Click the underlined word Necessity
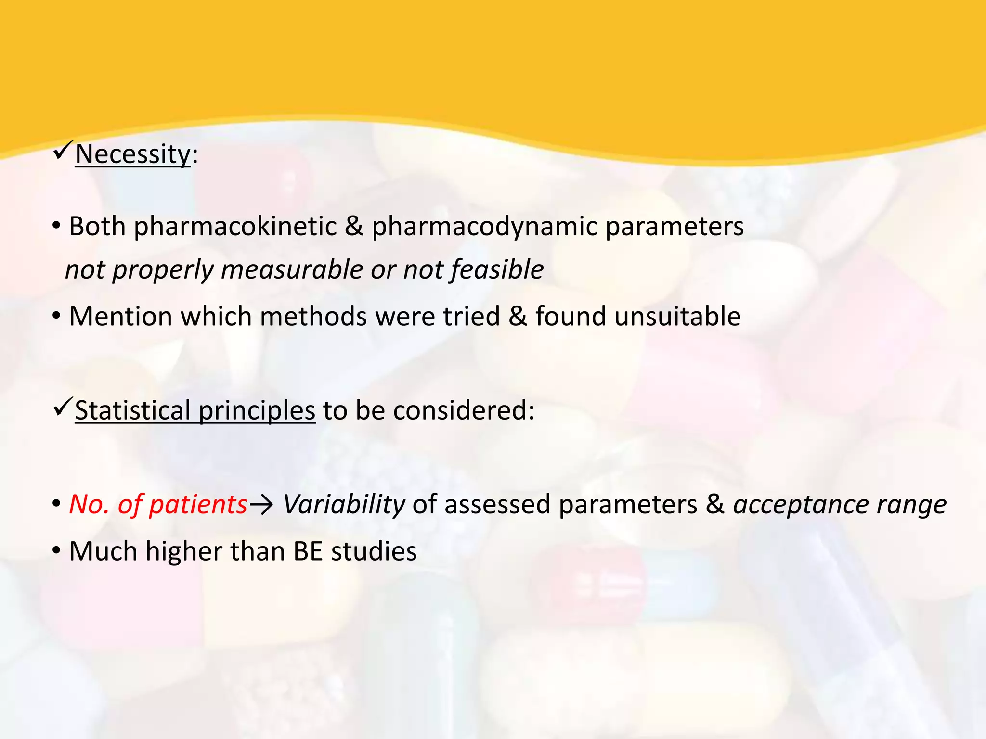coord(133,155)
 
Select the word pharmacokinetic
coord(235,226)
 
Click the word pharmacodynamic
coord(484,226)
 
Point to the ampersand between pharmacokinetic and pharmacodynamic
coord(354,226)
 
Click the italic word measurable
coord(292,269)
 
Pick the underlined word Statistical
coord(132,411)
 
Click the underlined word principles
coord(257,412)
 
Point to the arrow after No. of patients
coord(262,505)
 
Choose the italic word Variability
coord(344,505)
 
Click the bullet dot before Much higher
coord(56,551)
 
